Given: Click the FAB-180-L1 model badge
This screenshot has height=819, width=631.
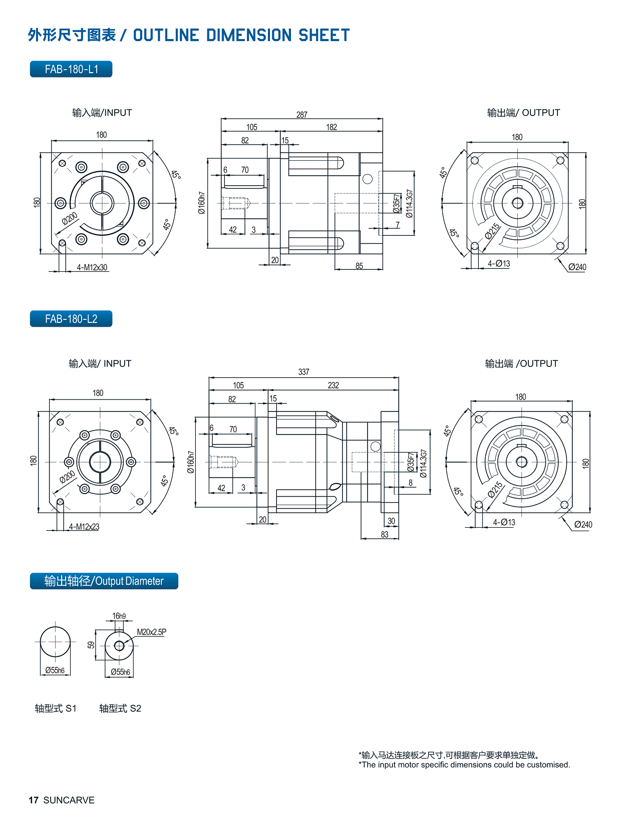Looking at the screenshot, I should (71, 69).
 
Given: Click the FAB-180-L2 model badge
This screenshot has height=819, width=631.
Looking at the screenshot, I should (71, 319).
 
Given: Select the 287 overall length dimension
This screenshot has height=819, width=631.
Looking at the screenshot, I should (301, 115).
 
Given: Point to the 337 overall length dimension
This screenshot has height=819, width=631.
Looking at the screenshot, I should (303, 372).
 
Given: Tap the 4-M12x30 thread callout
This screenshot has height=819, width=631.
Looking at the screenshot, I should (92, 267).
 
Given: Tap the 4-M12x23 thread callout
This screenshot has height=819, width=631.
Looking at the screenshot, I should (84, 527).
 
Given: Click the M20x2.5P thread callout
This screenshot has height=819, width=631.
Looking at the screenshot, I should (151, 632).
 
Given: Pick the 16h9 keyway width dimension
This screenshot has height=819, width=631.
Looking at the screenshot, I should (119, 616).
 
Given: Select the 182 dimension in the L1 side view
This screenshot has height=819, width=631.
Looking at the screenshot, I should (332, 127).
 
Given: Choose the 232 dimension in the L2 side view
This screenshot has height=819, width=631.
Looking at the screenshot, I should (333, 385).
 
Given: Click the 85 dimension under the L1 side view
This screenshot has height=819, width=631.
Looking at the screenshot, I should (359, 266).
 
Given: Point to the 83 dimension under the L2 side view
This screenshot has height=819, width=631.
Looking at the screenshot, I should (385, 535).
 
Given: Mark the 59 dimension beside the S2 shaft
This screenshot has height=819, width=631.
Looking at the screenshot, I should (91, 645).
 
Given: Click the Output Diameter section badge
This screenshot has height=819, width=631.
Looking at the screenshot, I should (104, 581).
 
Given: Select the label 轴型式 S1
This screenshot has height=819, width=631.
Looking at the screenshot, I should (56, 708).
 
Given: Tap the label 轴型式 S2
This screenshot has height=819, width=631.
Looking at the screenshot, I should (120, 708).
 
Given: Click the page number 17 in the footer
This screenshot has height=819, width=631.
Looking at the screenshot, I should (34, 800).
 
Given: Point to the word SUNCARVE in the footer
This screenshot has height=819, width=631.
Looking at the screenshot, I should (69, 800).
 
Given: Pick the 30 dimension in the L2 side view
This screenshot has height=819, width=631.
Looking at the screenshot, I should (391, 521).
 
